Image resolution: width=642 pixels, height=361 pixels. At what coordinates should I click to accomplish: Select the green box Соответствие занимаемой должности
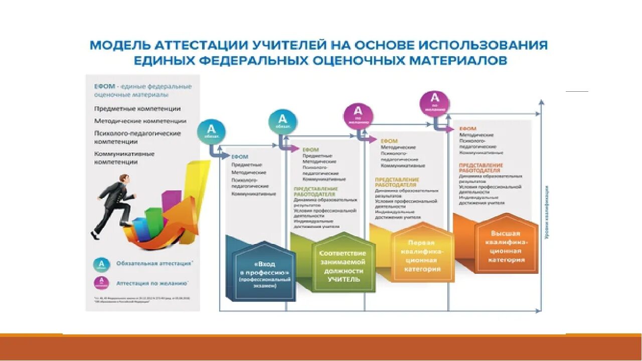click(x=343, y=266)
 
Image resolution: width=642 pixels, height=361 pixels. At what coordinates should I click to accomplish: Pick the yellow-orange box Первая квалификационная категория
click(x=422, y=256)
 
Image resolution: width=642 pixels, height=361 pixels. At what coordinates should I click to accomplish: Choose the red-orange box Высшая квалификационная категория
click(x=505, y=247)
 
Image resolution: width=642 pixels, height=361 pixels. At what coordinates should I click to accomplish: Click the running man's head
click(x=123, y=179)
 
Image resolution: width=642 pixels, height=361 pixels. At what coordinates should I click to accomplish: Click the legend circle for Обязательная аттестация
click(x=102, y=264)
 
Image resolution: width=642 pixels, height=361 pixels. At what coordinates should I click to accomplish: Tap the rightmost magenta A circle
click(x=435, y=104)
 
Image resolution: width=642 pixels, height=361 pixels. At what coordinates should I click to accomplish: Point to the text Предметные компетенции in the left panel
click(x=137, y=108)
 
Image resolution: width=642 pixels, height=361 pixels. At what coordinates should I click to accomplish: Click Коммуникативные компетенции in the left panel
click(x=124, y=158)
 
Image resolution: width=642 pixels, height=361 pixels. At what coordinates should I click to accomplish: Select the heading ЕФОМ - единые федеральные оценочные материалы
click(x=142, y=90)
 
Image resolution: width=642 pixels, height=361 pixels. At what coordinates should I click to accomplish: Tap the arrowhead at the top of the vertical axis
click(x=541, y=102)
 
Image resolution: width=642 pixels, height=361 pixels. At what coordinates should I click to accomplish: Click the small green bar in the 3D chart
click(x=153, y=221)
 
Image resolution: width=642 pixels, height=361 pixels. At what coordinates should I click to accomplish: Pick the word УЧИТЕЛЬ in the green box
click(x=344, y=279)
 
